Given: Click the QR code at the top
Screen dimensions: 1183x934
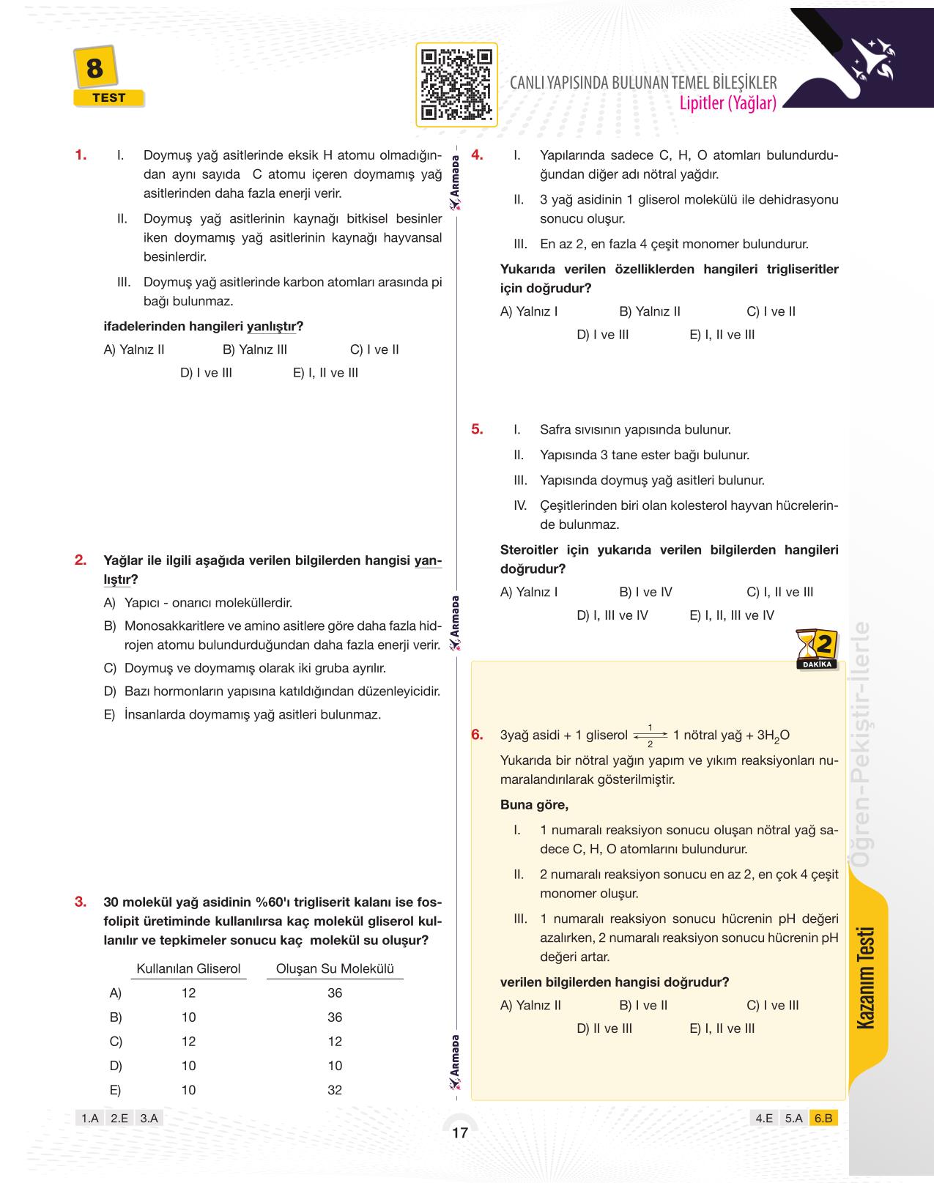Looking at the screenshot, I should coord(456,85).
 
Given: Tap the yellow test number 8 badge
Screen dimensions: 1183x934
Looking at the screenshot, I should coord(94,70).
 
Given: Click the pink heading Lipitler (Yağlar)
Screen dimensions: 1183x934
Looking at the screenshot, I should coord(727,103).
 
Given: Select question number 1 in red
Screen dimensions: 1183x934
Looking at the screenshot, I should coord(81,155).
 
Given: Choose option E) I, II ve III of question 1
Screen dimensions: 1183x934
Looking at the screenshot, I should coord(325,373).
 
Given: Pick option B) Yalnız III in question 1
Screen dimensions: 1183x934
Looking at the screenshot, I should coord(254,349).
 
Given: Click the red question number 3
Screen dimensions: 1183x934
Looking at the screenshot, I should coord(81,902).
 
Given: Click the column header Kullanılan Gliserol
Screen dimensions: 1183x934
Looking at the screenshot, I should coord(188,968).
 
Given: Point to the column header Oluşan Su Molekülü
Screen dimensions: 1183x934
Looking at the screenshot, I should coord(335,968).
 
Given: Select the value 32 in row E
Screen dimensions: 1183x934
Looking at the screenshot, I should coord(335,1090).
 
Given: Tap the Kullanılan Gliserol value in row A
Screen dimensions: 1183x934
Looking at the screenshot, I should coord(188,993).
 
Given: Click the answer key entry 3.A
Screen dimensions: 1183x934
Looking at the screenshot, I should coord(149,1118).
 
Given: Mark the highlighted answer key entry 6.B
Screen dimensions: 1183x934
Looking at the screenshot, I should coord(823,1118).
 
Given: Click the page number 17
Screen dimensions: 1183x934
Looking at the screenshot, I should coord(459,1133).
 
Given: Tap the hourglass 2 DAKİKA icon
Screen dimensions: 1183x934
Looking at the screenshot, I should coord(817,649).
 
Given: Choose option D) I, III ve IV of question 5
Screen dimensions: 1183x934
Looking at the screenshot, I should coord(612,615).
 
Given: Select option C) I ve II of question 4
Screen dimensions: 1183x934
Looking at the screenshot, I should coord(771,311).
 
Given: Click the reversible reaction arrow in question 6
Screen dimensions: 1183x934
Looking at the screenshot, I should coord(650,735).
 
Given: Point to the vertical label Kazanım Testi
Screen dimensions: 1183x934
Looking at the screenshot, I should coord(867,977).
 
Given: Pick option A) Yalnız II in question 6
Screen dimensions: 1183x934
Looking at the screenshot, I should coord(530,1005).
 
